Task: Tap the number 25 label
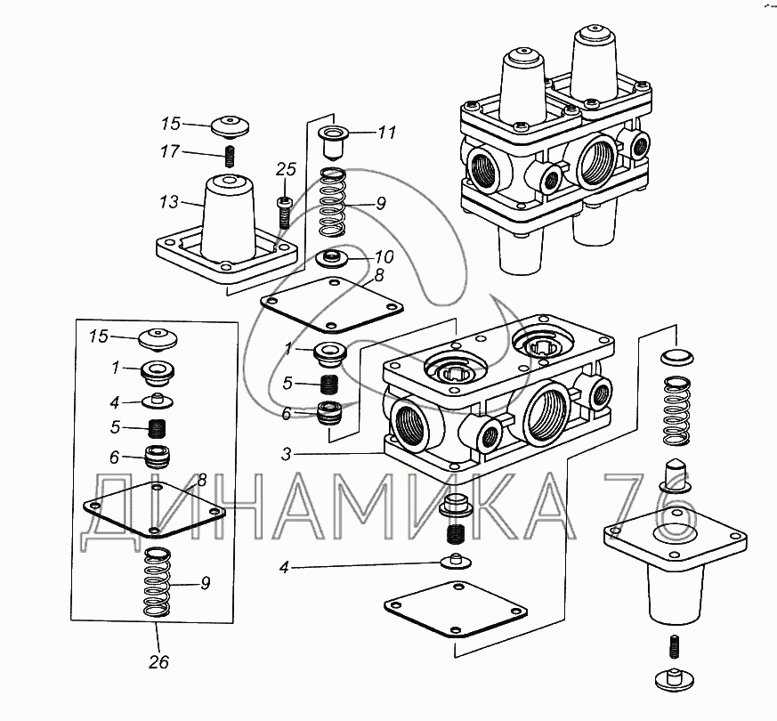click(285, 169)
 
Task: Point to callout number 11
click(385, 134)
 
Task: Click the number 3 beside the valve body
click(286, 455)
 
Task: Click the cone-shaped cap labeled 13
click(226, 218)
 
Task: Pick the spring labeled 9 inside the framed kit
click(160, 584)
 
